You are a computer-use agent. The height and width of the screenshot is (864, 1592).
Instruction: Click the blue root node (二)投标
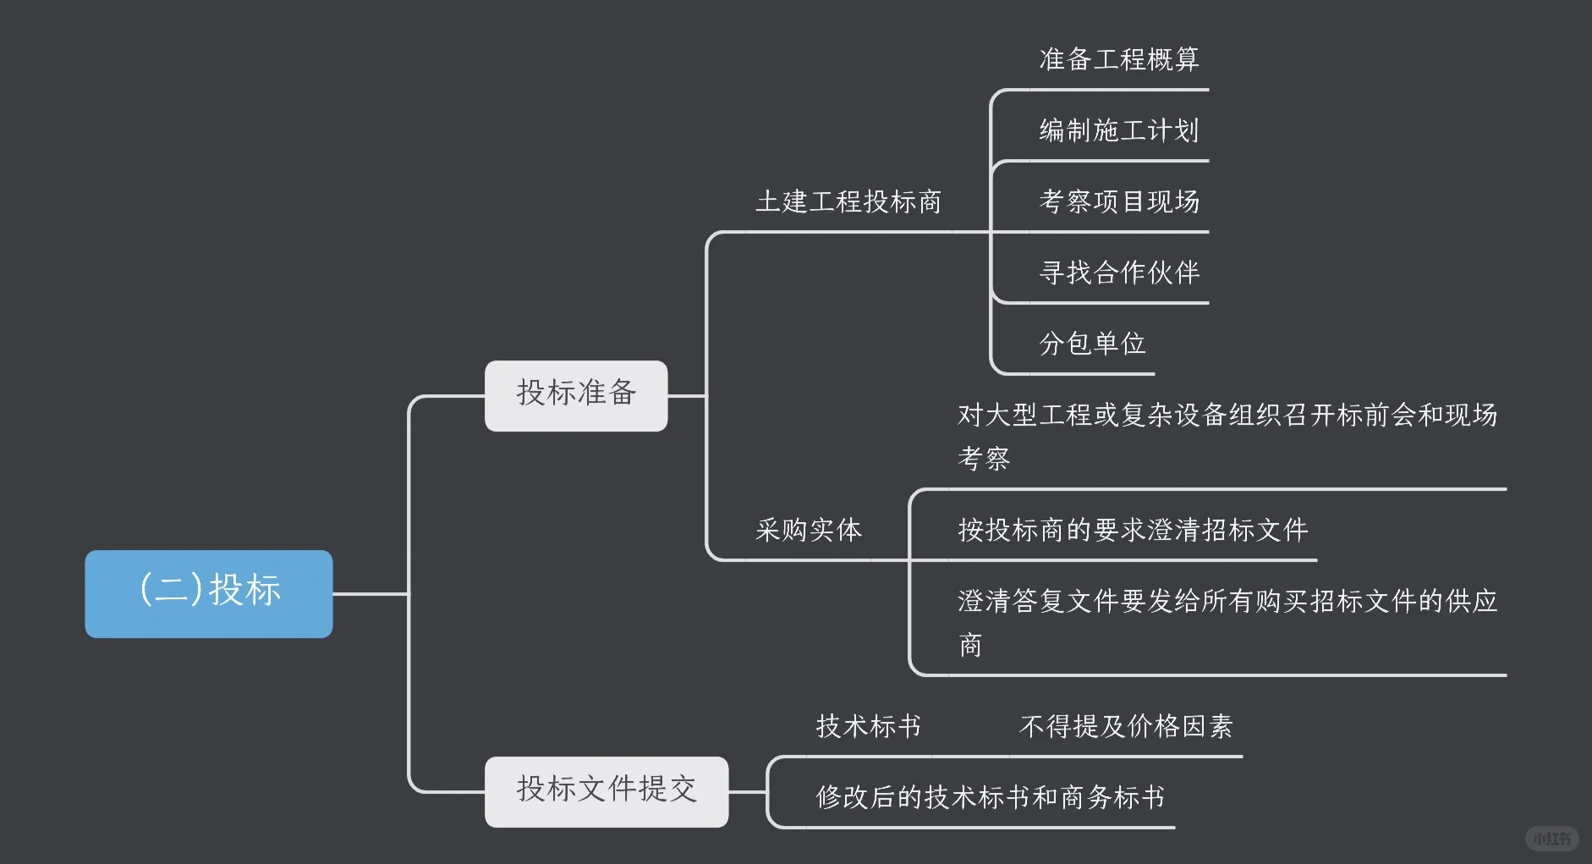pos(209,593)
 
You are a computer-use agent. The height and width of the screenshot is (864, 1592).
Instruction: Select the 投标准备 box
pos(576,395)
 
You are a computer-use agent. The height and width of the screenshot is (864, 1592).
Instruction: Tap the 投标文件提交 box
pos(606,791)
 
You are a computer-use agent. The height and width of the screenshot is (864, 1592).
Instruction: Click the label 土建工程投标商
pos(848,202)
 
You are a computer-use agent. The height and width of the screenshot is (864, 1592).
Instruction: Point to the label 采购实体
pos(808,531)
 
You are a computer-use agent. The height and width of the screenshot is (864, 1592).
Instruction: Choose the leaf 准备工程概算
pos(1118,59)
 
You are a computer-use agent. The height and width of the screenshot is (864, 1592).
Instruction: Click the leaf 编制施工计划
pos(1118,130)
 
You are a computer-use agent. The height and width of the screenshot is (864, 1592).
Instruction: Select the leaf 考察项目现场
pos(1118,201)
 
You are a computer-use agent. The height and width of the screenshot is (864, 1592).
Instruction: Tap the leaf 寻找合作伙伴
pos(1118,272)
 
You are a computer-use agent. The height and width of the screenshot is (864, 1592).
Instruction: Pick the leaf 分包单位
pos(1092,344)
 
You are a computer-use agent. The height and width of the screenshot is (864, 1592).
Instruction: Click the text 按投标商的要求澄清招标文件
pos(1133,531)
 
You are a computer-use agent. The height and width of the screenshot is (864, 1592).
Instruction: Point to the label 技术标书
pos(868,726)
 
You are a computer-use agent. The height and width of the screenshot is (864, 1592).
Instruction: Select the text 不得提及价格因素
pos(1126,726)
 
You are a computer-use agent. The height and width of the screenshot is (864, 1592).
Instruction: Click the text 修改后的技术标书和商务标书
pos(990,797)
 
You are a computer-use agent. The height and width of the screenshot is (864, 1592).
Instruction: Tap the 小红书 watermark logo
pos(1551,839)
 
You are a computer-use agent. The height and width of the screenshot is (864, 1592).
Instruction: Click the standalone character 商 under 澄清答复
pos(970,646)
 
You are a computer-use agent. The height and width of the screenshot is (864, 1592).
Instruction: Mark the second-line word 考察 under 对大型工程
pos(984,459)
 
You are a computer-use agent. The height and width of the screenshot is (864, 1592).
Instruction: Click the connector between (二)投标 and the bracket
pos(371,594)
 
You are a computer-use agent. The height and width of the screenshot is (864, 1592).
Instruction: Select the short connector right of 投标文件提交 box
pos(747,792)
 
